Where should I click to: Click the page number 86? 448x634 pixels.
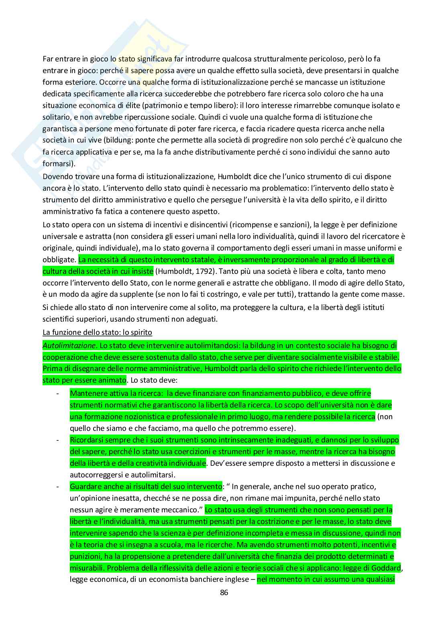coord(224,592)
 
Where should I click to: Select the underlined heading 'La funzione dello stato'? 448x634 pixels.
coord(97,332)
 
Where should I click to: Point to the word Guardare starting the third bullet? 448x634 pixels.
coord(84,487)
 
